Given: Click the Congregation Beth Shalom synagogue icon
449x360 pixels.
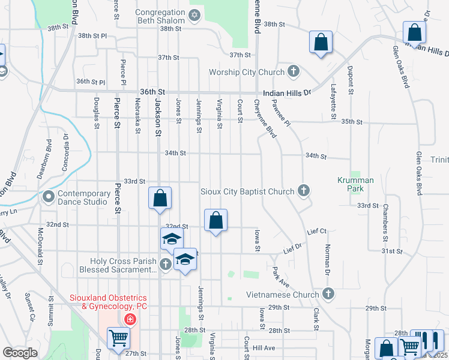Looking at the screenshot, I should point(194,14).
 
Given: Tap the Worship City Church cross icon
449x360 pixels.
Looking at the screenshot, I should point(294,72).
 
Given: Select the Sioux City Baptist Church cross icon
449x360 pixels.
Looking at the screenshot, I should point(304,191).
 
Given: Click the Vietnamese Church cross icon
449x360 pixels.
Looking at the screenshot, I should point(328,294).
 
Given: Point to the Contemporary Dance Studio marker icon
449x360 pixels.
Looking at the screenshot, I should point(48,196).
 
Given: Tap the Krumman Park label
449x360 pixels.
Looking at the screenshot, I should point(355,184).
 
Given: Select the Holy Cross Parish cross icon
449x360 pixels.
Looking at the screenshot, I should point(166,263).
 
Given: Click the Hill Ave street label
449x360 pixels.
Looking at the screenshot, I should point(264,347).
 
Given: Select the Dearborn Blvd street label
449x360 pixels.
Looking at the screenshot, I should point(49,154).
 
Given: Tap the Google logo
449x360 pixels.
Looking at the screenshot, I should point(20,353).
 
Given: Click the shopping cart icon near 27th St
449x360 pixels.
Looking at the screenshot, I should point(118,338).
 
